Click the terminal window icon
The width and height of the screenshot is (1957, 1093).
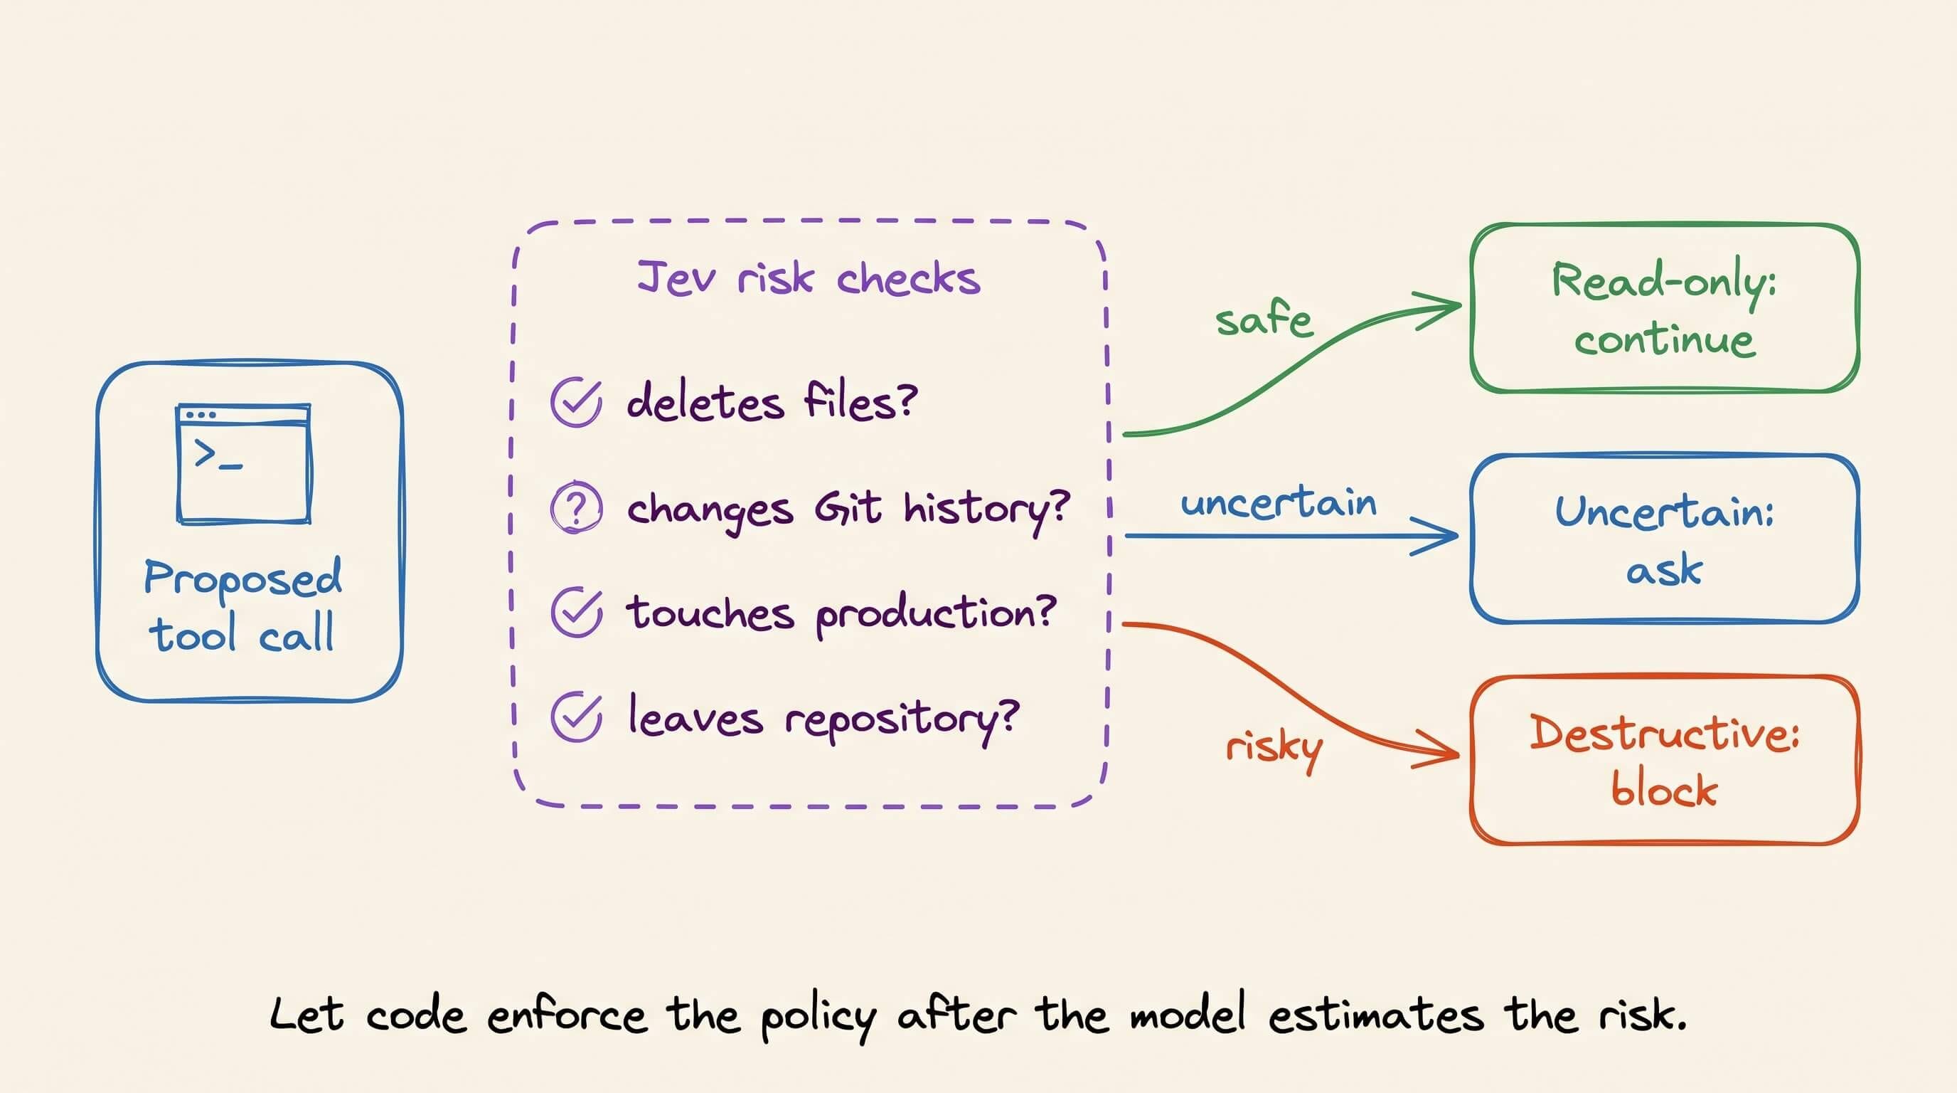[243, 464]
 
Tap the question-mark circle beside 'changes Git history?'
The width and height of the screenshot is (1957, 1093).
[577, 507]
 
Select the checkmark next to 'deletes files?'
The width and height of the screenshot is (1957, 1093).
[577, 401]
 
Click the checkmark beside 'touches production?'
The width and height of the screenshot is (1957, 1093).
[577, 612]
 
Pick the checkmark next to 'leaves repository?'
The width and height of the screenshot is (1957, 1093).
[577, 717]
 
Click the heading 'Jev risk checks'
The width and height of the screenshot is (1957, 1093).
[809, 278]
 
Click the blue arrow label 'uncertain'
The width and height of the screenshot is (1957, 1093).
[1279, 502]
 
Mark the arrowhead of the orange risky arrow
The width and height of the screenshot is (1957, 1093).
[1458, 755]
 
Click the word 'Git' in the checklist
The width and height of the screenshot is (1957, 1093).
[848, 507]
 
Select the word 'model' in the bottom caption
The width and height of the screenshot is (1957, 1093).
[1188, 1013]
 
